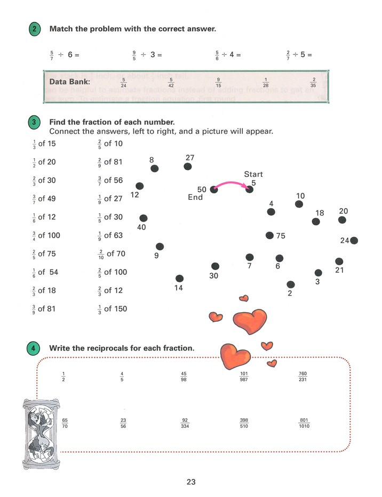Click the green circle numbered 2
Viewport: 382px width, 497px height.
coord(34,29)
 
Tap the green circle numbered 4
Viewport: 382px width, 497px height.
coord(34,348)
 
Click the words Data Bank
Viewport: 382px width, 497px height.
coord(70,82)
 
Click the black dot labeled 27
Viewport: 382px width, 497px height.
coord(187,167)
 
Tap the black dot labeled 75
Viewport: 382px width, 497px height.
coord(269,235)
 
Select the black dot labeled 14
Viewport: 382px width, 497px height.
coord(179,278)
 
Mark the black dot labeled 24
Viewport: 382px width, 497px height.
coord(354,241)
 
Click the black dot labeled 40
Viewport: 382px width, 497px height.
coord(143,218)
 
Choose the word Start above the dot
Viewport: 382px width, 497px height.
coord(253,174)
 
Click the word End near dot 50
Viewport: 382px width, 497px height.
coord(195,198)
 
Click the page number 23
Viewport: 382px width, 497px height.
coord(191,482)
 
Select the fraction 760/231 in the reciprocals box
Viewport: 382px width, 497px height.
coord(303,377)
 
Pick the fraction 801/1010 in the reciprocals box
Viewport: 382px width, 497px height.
coord(304,423)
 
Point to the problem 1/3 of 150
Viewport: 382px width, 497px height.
coord(112,308)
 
